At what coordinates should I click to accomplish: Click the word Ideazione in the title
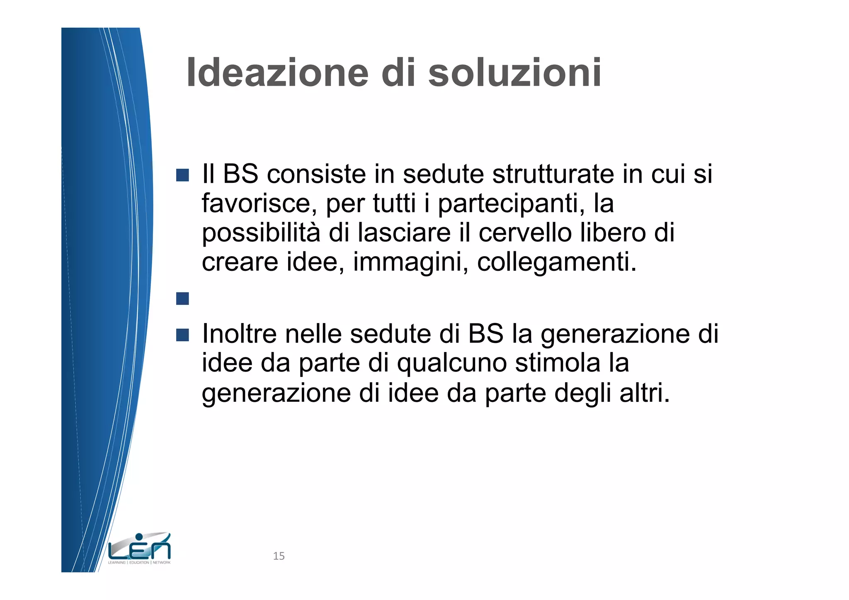pyautogui.click(x=277, y=73)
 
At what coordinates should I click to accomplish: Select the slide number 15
pyautogui.click(x=279, y=556)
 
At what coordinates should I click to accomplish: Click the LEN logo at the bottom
pyautogui.click(x=139, y=549)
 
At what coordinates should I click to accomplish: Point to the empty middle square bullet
pyautogui.click(x=182, y=299)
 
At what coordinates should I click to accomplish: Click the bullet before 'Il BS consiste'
pyautogui.click(x=182, y=175)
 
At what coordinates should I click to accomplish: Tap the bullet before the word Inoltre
pyautogui.click(x=182, y=335)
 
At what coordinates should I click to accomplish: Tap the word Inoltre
pyautogui.click(x=239, y=334)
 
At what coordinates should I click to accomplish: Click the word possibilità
pyautogui.click(x=261, y=233)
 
